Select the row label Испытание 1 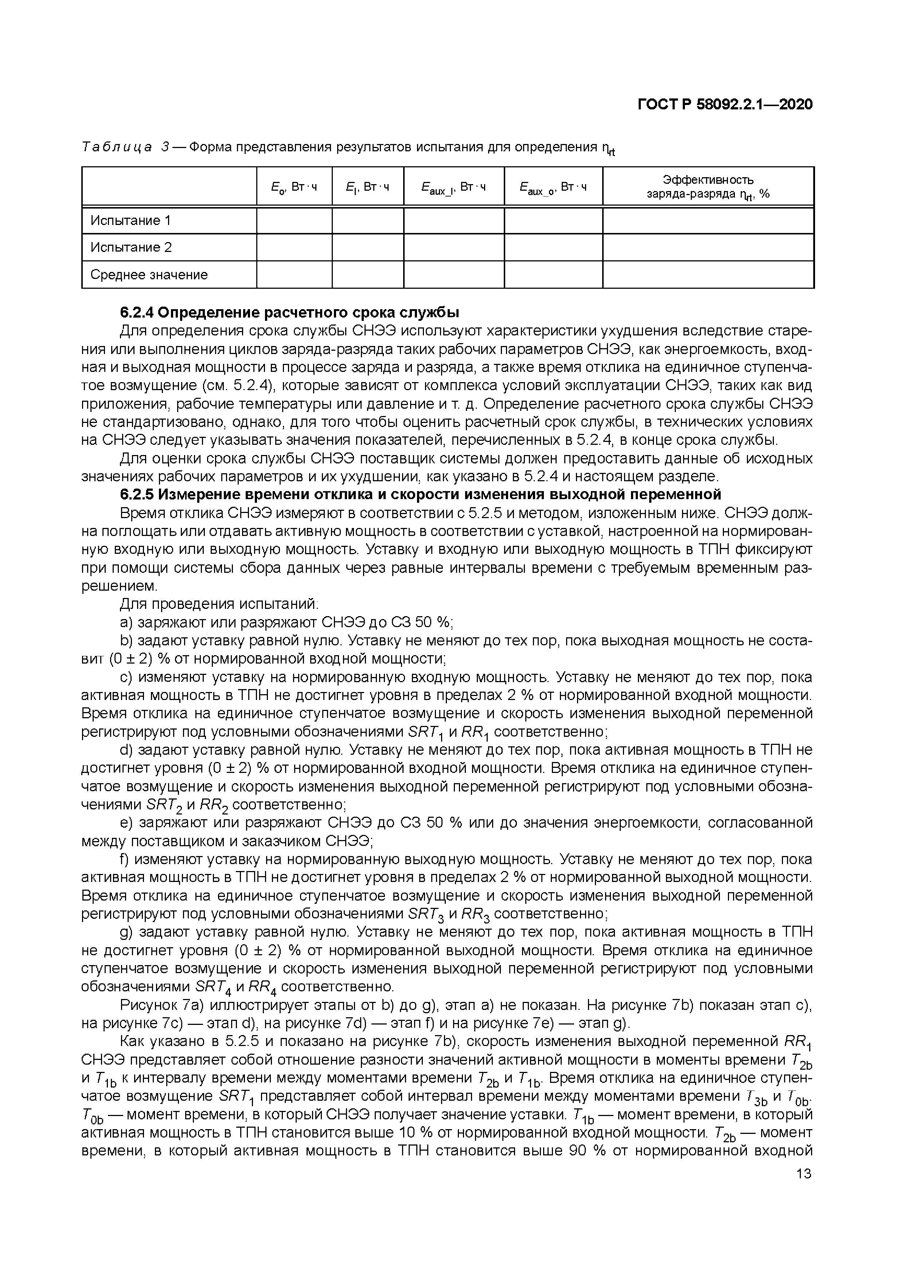130,221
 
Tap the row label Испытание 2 131,247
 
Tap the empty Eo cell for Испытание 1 294,221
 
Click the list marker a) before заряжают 126,622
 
